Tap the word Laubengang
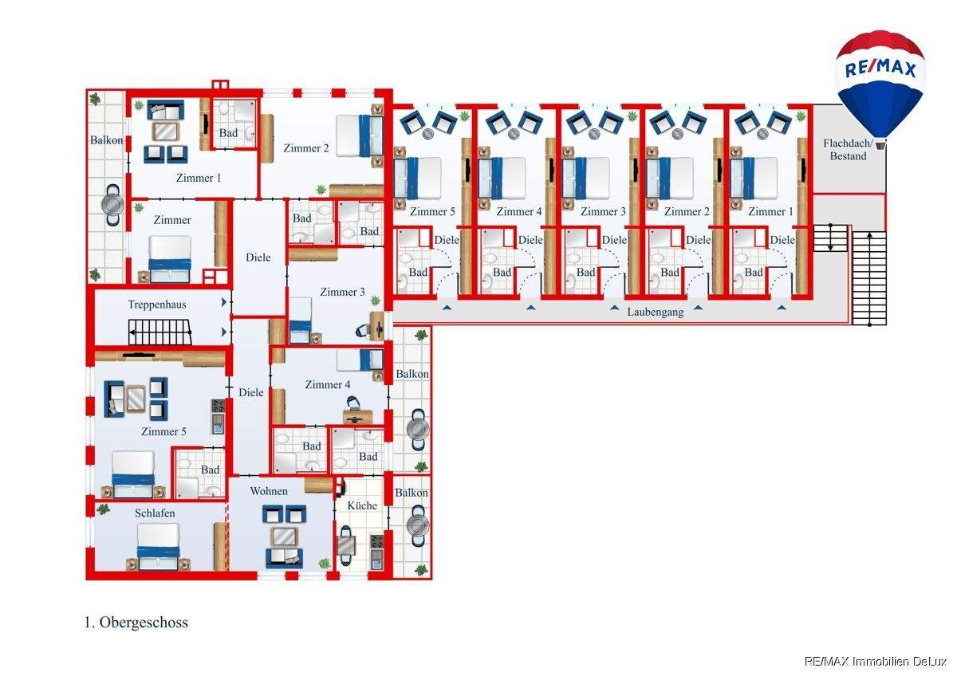pyautogui.click(x=655, y=312)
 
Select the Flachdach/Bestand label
pyautogui.click(x=848, y=150)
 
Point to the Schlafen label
pyautogui.click(x=155, y=513)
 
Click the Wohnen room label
pyautogui.click(x=269, y=491)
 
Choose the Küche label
pyautogui.click(x=361, y=505)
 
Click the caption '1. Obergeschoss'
pyautogui.click(x=136, y=623)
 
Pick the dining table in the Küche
pyautogui.click(x=347, y=546)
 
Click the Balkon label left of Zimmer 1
pyautogui.click(x=106, y=141)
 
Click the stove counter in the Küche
pyautogui.click(x=376, y=550)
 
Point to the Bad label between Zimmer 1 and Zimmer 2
pyautogui.click(x=228, y=133)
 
